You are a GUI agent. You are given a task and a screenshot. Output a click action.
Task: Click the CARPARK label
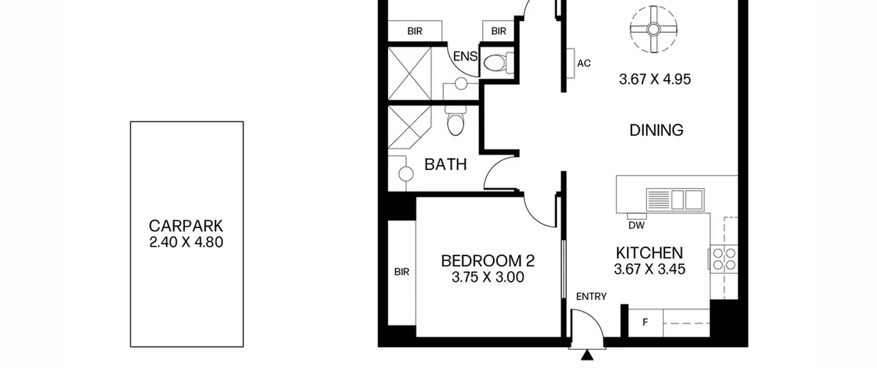pos(186,226)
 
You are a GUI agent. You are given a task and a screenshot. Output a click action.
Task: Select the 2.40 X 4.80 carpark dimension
pos(186,242)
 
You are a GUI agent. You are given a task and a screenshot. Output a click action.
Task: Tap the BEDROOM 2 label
pos(488,261)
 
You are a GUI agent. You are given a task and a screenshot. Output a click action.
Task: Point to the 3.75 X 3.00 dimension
pos(488,277)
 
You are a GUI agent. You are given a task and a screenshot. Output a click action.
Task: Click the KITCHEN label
pos(650,253)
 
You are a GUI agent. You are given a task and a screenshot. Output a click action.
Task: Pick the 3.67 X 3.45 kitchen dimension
pos(650,269)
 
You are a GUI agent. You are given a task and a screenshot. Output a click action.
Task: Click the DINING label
pos(656,130)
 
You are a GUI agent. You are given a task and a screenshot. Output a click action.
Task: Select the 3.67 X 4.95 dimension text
pos(655,79)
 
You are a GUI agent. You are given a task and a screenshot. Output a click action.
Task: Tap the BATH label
pos(445,165)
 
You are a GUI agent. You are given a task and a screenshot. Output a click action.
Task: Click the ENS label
pos(465,56)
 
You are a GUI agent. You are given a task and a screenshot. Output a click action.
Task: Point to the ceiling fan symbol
pos(654,29)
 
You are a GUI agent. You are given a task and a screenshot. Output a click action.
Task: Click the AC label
pos(584,63)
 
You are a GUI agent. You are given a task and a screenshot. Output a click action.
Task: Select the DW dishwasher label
pos(637,225)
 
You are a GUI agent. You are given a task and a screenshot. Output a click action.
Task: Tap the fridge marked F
pos(645,322)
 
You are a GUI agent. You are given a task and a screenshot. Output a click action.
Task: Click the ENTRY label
pos(591,296)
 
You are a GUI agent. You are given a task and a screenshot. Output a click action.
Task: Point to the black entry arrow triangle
pos(587,355)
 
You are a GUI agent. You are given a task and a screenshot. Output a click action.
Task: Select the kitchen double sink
pos(675,200)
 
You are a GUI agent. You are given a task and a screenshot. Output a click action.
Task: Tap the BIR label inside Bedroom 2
pos(402,272)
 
